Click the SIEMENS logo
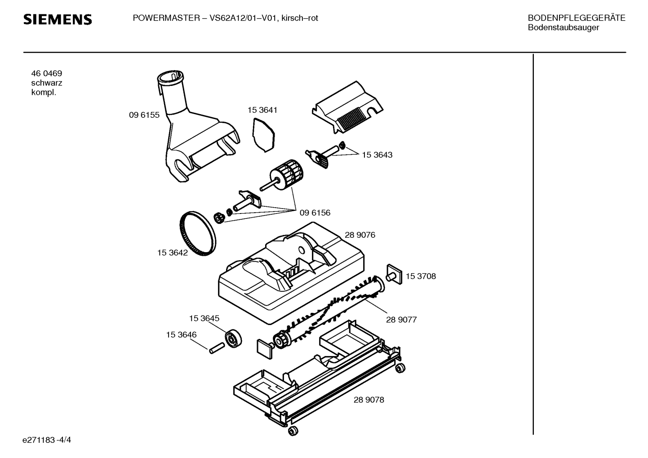tap(58, 20)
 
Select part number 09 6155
tap(144, 115)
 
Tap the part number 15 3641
tap(262, 110)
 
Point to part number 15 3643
tap(377, 155)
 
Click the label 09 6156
tap(315, 213)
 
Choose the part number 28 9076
tap(360, 235)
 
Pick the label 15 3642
tap(173, 253)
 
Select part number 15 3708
tap(421, 276)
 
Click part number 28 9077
tap(401, 320)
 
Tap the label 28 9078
tap(369, 400)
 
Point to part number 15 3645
tap(204, 318)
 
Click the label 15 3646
tap(181, 334)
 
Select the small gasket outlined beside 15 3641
tap(263, 134)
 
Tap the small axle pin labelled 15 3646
tap(217, 348)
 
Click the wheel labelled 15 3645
tap(233, 338)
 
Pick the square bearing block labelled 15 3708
tap(394, 274)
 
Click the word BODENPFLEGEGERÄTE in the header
tap(577, 18)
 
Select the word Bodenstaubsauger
tap(563, 27)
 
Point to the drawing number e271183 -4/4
tap(47, 440)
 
